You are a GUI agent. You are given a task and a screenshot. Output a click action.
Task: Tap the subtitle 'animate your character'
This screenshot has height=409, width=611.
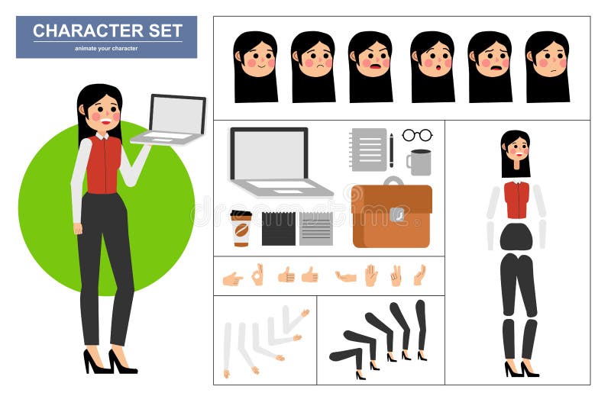click(106, 48)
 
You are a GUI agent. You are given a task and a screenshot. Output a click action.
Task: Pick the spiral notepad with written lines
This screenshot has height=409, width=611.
click(368, 149)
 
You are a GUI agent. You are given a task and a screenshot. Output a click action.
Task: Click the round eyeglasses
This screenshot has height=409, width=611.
click(417, 135)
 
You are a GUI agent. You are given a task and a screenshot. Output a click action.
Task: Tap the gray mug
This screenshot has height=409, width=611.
click(419, 162)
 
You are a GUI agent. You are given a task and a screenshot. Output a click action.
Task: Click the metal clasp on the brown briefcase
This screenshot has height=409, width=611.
click(396, 215)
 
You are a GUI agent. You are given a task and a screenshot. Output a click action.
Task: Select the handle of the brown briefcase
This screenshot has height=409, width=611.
click(393, 181)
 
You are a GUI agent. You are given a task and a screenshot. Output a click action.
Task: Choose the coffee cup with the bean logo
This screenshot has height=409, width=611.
click(241, 228)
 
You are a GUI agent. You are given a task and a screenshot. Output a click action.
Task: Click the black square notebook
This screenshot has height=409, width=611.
click(278, 229)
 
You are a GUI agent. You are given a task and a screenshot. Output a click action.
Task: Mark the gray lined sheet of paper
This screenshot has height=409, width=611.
click(315, 229)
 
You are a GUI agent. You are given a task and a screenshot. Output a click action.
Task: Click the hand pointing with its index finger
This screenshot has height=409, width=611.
click(232, 279)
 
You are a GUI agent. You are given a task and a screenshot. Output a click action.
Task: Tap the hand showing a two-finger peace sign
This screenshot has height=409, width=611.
click(396, 275)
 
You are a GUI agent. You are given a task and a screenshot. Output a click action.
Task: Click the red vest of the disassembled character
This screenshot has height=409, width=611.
click(516, 200)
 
